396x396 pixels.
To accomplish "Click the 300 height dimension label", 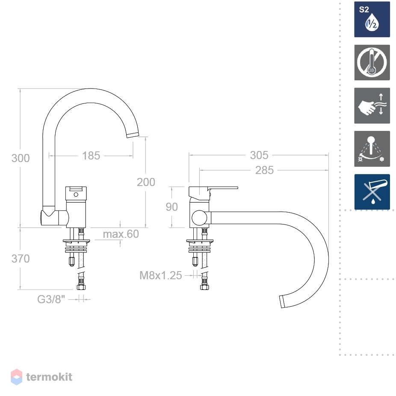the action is tap(21, 158).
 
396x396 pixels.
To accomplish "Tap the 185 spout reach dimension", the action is tap(91, 156).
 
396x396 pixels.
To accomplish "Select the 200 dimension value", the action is tap(146, 182).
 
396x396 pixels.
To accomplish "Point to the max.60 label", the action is tap(121, 234).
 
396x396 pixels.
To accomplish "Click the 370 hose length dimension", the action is tap(21, 259).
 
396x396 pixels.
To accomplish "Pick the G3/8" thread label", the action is tap(51, 299).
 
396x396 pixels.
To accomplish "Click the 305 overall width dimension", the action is tap(259, 155).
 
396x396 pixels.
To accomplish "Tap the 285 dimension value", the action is tap(264, 170).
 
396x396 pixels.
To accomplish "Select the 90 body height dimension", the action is tap(172, 207).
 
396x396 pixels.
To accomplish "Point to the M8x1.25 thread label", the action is tap(161, 275).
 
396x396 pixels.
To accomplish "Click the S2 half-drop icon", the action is tap(372, 19).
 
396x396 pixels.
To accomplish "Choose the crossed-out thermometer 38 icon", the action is tap(372, 62).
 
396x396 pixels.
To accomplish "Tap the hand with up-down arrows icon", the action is tap(372, 106).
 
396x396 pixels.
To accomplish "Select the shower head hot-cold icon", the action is tap(372, 149).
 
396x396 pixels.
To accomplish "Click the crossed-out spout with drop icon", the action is tap(372, 192).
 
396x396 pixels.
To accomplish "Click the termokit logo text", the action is tap(49, 377).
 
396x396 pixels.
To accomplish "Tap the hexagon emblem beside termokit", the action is tap(16, 377).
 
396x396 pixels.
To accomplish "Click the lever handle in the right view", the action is tap(213, 193).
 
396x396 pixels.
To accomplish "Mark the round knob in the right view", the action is tap(200, 218).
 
